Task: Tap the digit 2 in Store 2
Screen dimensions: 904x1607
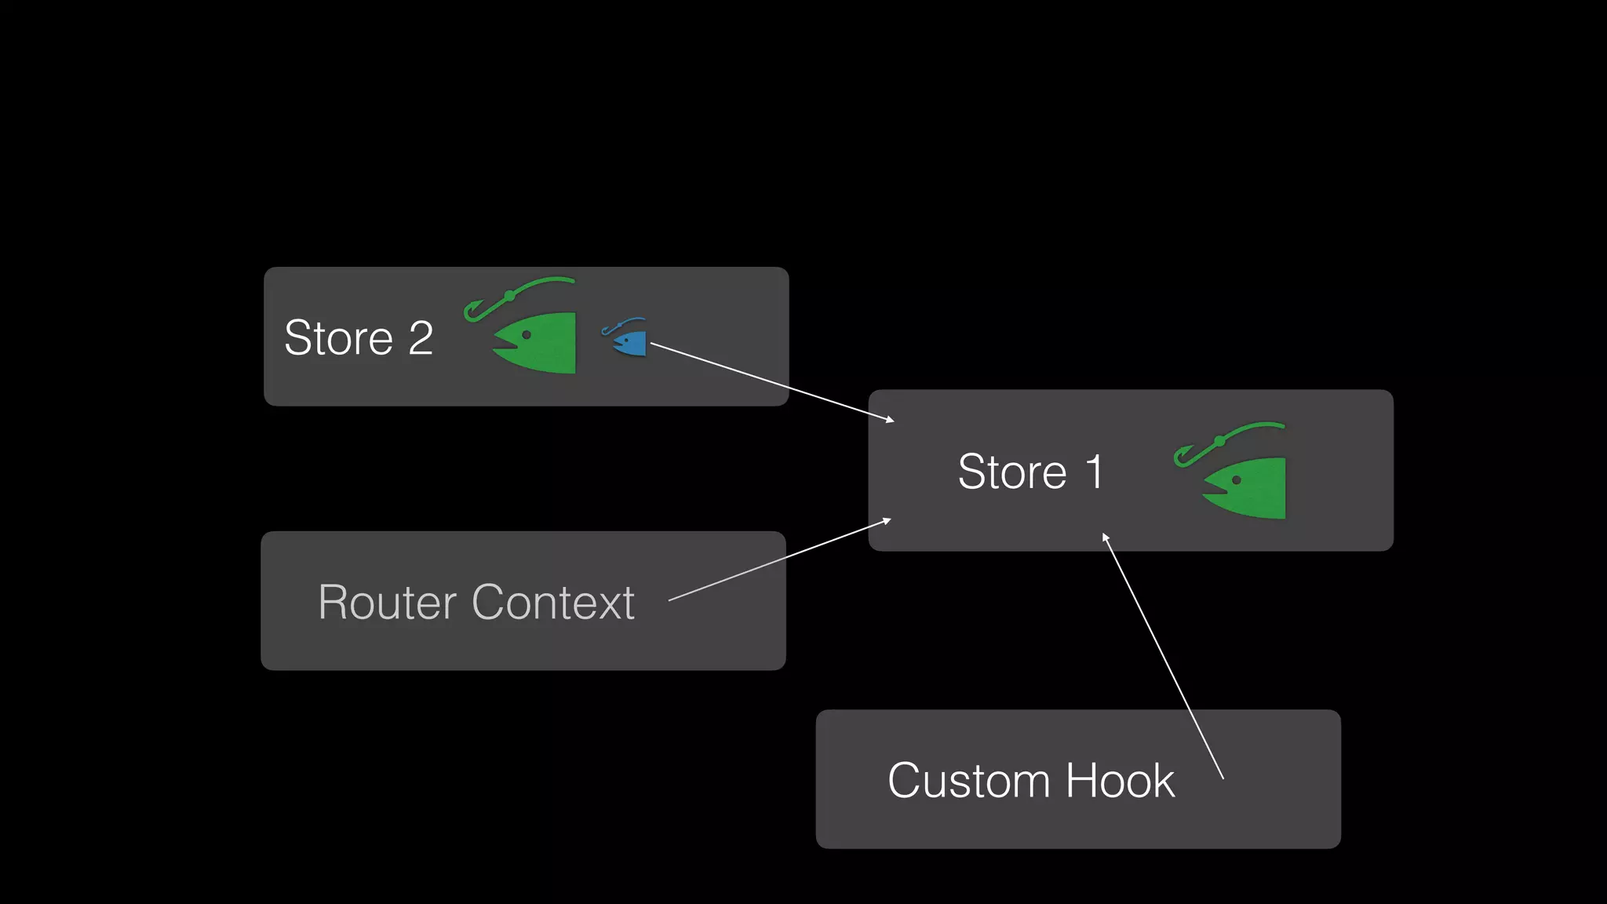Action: (x=421, y=339)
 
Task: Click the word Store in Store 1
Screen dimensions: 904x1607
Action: (x=1012, y=472)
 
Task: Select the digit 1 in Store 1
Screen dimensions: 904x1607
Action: (x=1095, y=472)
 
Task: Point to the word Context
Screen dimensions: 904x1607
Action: (x=553, y=603)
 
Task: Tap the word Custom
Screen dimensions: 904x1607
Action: (x=968, y=782)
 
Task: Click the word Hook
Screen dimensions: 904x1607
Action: (x=1120, y=782)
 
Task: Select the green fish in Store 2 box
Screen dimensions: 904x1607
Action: (x=541, y=343)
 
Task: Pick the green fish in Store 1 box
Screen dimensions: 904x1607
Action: (x=1251, y=488)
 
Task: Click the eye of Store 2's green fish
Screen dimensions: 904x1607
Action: (x=527, y=335)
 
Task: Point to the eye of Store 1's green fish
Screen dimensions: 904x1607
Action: (x=1237, y=480)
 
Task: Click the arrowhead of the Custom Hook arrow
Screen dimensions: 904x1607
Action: (x=1105, y=537)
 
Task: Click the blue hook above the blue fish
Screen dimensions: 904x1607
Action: (x=620, y=325)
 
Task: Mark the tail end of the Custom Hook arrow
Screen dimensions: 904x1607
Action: (x=1223, y=778)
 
